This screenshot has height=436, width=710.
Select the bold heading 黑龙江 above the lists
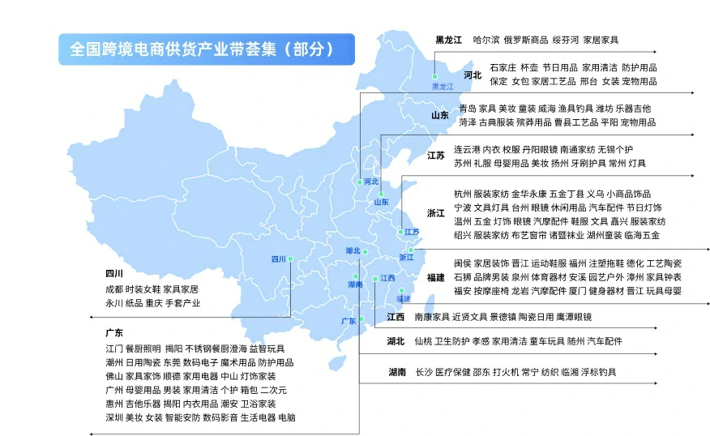[x=448, y=39]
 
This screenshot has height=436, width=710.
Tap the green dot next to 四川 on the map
[x=291, y=259]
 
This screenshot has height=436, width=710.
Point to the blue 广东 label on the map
[x=349, y=321]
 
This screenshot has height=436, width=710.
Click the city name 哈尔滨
[x=486, y=39]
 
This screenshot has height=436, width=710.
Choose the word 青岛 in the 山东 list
[x=467, y=109]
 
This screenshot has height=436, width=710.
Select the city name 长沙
[x=423, y=372]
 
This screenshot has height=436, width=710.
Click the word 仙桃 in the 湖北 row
[x=423, y=341]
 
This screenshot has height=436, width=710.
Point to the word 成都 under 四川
[x=114, y=289]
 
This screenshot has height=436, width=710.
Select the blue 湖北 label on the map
[x=353, y=250]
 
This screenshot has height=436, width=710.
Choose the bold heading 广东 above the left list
[x=114, y=333]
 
